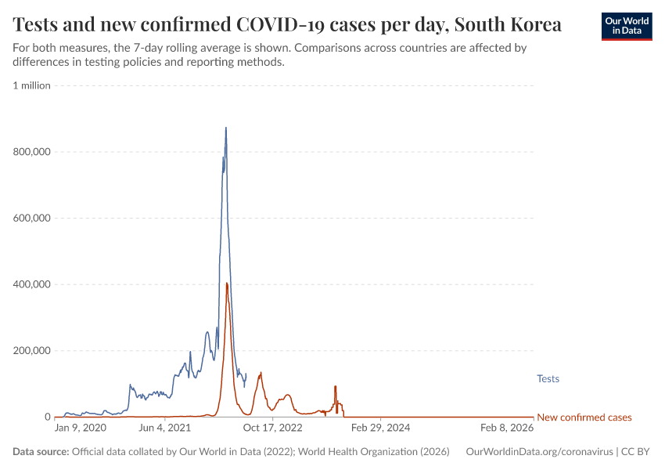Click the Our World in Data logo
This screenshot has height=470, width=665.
(626, 26)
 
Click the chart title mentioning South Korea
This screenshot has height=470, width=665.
(287, 24)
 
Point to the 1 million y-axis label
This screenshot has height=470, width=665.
(31, 85)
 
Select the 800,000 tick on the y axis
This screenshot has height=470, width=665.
(32, 152)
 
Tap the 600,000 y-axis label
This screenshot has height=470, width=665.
(32, 218)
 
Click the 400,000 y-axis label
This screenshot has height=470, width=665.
(32, 284)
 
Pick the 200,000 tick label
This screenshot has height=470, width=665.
(32, 350)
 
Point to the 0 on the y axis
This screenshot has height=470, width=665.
(47, 417)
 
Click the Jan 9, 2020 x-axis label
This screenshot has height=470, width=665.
(80, 428)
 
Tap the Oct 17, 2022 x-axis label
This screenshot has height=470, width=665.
(271, 428)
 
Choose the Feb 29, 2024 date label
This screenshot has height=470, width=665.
(379, 428)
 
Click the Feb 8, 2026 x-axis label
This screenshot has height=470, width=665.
(507, 428)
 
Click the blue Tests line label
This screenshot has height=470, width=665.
(548, 379)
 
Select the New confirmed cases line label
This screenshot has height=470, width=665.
(584, 418)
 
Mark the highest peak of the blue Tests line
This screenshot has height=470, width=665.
(226, 128)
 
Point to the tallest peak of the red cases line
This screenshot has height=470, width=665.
(227, 283)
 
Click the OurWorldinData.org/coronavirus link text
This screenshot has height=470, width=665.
(539, 452)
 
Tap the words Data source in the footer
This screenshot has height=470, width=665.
(41, 452)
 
